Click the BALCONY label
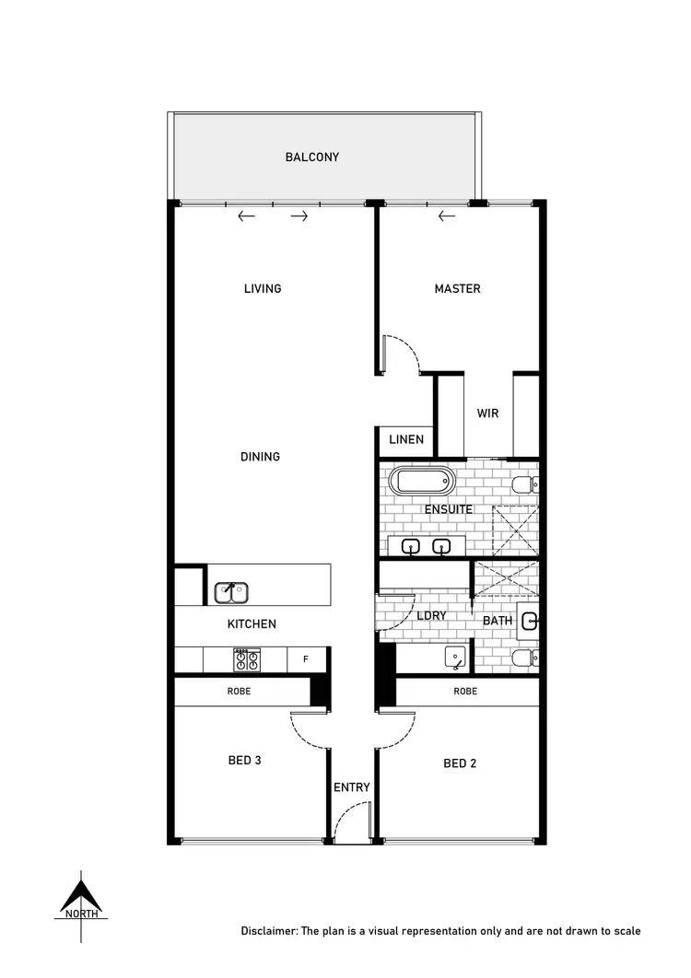point(311,157)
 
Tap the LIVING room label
point(263,289)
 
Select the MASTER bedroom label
point(457,289)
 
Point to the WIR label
point(487,413)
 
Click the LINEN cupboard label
point(406,440)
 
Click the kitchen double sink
point(230,592)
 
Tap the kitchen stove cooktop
point(246,659)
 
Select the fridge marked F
point(306,659)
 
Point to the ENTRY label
point(352,787)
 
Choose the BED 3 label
point(245,761)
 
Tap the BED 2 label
point(460,763)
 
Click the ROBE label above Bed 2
point(465,691)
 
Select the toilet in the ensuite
point(524,485)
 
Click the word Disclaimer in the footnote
point(269,931)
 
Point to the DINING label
point(260,457)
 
